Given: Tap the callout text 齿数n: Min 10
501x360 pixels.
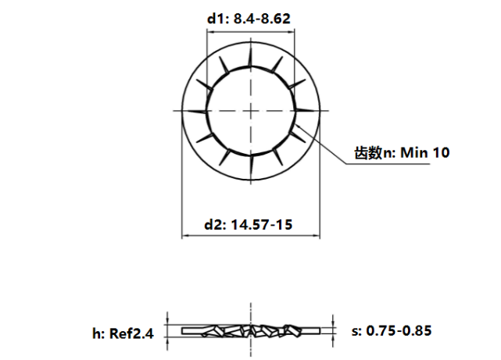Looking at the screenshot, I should (402, 153).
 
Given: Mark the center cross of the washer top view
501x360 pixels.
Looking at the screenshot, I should (251, 111).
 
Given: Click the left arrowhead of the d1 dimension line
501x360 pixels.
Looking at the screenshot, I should (209, 33).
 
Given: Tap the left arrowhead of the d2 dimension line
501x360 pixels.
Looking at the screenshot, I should (184, 236).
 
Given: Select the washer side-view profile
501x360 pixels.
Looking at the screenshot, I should (251, 331).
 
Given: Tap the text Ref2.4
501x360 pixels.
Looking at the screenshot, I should (132, 333).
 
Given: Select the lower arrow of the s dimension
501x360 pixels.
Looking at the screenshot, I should (333, 339).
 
